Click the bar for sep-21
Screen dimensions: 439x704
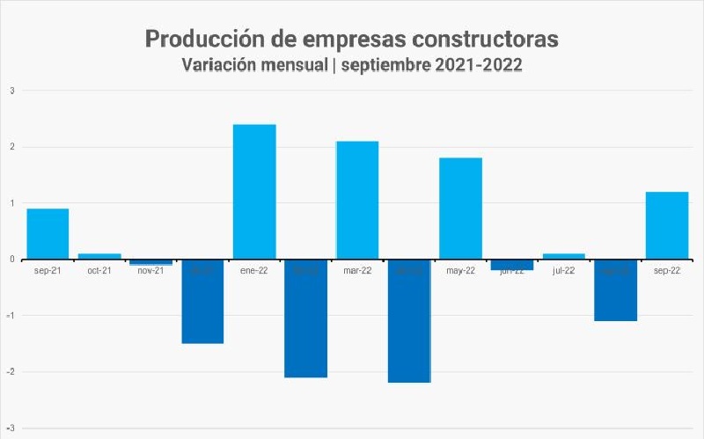(48, 233)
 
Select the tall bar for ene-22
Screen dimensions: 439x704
(254, 192)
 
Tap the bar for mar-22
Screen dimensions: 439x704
(357, 200)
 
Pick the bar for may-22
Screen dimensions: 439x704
(460, 209)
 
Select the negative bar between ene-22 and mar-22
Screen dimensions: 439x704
(305, 318)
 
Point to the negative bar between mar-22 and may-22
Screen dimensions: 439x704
(409, 320)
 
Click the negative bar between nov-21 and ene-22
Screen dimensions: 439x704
(202, 301)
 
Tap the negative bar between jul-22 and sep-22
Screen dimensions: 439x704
(615, 289)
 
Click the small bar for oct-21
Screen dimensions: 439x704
(99, 256)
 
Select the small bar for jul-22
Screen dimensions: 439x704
(564, 256)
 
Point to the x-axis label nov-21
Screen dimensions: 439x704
(150, 271)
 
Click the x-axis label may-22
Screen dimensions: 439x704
(460, 271)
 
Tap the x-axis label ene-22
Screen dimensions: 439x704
(254, 271)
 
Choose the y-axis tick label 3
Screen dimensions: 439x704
(12, 91)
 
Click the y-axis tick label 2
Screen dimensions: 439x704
(12, 147)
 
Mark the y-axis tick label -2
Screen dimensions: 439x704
(11, 371)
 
